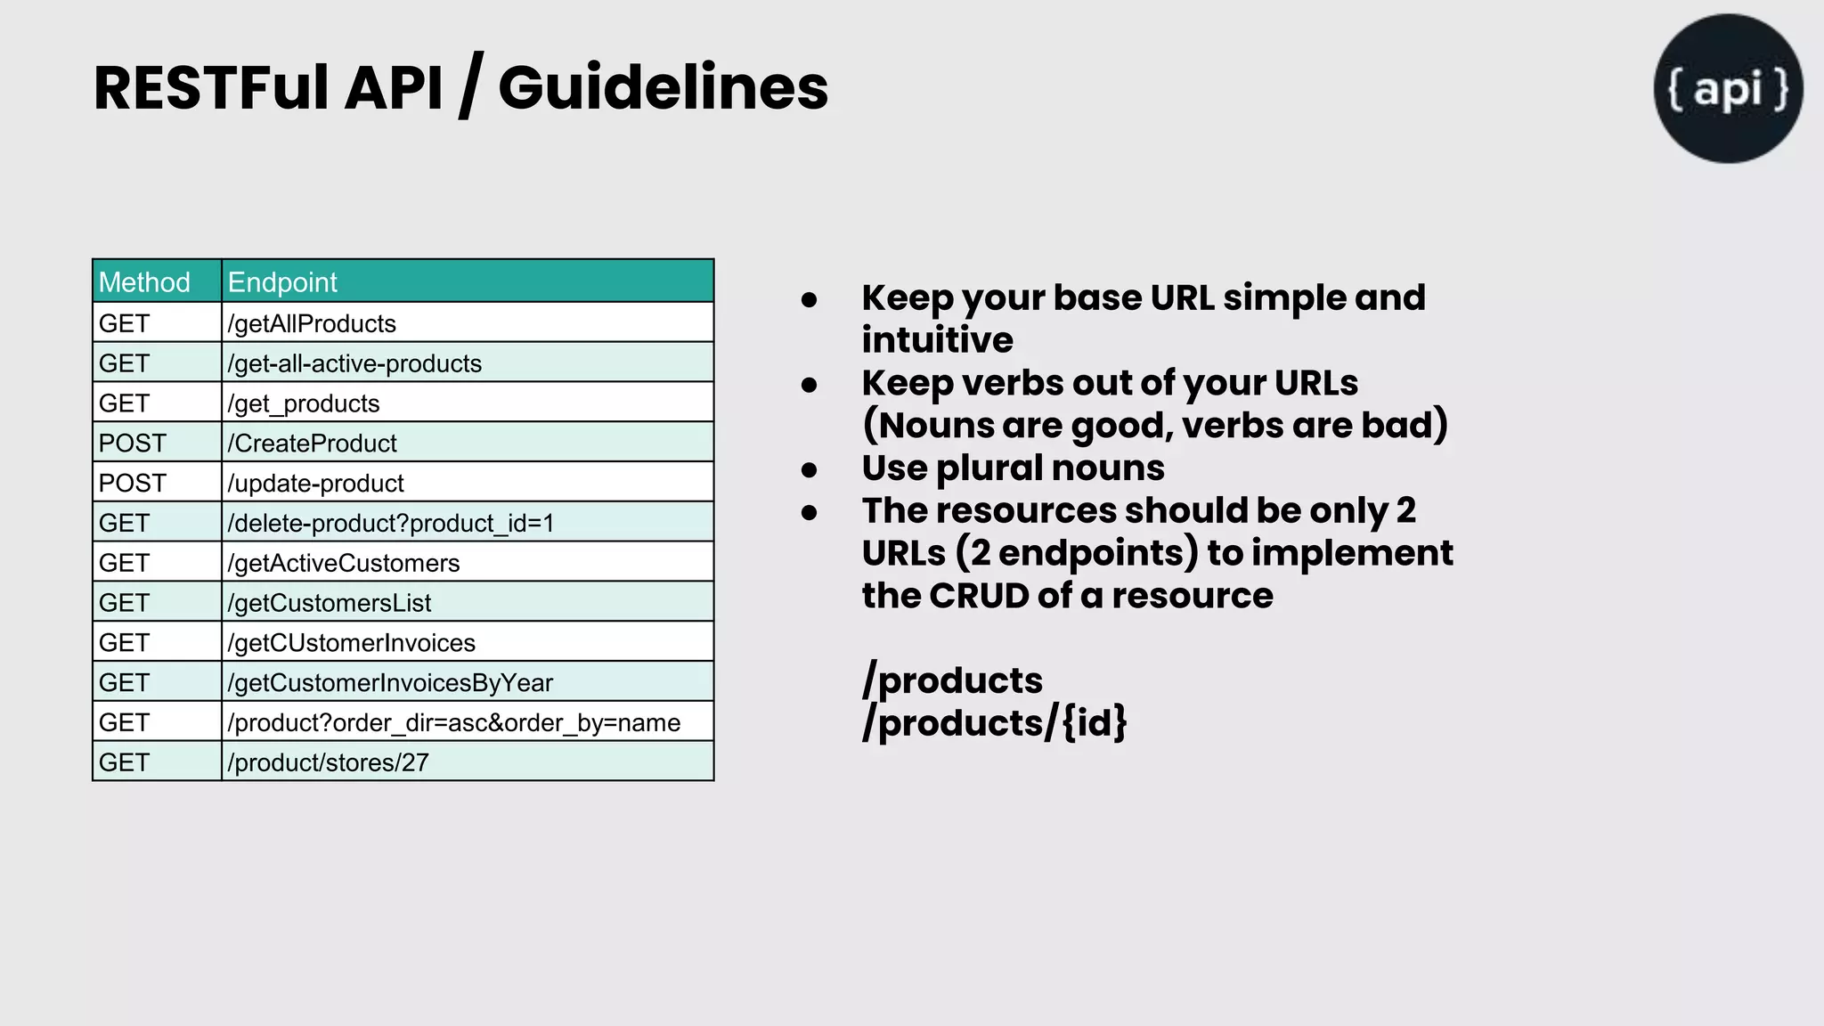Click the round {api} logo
[x=1728, y=88]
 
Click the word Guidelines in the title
[x=663, y=88]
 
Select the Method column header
[x=144, y=282]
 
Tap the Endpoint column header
[x=282, y=282]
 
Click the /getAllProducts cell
[x=312, y=323]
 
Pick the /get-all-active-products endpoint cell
[x=354, y=363]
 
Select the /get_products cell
[x=304, y=403]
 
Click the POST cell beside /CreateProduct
[x=133, y=443]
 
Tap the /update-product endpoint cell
[x=316, y=483]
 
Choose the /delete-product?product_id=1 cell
[x=391, y=523]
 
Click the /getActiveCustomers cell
[x=344, y=563]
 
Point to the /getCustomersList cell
[x=330, y=603]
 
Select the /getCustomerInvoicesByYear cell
[x=390, y=683]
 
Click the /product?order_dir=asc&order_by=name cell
[x=454, y=722]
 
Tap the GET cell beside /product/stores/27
[x=125, y=762]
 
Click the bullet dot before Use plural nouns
[x=809, y=469]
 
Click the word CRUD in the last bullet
[x=979, y=596]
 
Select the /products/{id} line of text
[x=994, y=722]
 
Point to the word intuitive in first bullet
[x=937, y=340]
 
